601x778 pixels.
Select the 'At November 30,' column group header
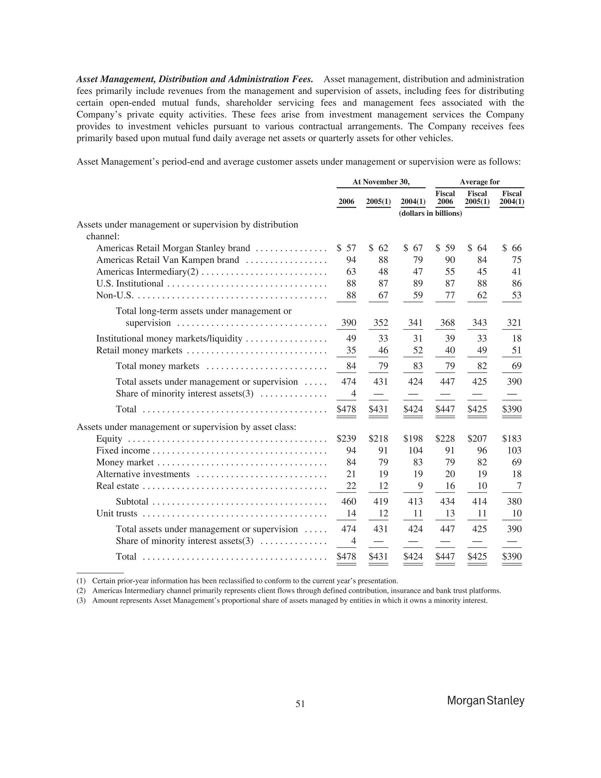(x=381, y=182)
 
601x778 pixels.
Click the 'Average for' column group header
(x=479, y=182)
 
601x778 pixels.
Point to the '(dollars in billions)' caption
(x=430, y=213)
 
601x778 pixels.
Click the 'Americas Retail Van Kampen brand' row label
(x=167, y=260)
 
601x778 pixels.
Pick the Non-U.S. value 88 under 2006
(x=351, y=295)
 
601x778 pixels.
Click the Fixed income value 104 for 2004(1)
(x=415, y=450)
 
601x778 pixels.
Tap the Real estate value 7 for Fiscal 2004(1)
(x=519, y=486)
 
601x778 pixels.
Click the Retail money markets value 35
(x=351, y=350)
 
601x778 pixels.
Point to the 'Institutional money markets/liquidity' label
(x=169, y=339)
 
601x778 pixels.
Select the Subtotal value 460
(x=349, y=501)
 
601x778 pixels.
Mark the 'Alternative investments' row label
(x=143, y=474)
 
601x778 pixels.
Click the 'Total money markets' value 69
(x=516, y=366)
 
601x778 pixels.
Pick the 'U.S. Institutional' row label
(x=130, y=284)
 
